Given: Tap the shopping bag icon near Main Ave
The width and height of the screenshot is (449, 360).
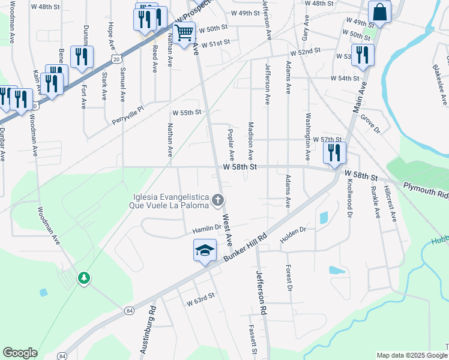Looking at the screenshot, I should (379, 11).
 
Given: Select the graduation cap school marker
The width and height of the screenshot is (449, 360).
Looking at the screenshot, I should (205, 250).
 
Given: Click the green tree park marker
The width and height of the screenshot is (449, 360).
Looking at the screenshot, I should (84, 278).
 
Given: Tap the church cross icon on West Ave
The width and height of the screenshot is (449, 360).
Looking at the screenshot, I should (218, 200).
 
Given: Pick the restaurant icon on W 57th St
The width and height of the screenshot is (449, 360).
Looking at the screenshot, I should (334, 152).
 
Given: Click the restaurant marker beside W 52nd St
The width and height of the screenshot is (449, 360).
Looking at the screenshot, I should (363, 55).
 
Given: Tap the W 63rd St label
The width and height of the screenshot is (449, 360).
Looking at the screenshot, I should (200, 299).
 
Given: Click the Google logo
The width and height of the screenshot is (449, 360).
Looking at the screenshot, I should (20, 353).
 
